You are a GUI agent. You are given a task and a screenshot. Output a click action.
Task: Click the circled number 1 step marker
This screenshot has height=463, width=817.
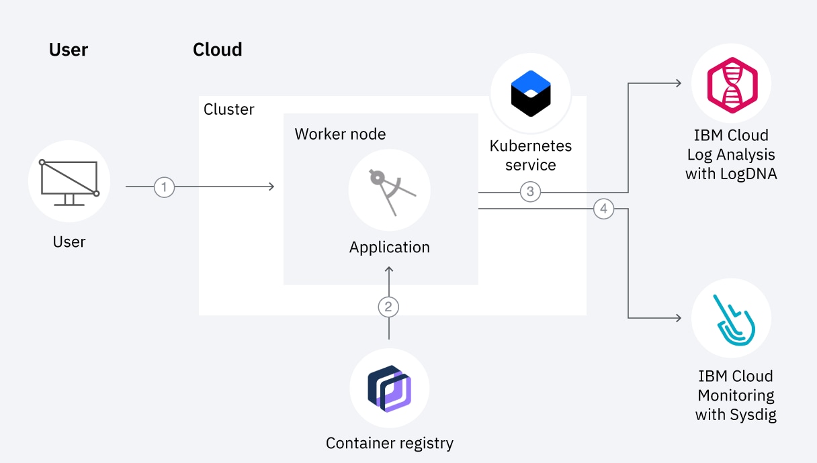click(164, 187)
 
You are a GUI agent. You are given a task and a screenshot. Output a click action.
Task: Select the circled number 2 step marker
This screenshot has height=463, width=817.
click(388, 307)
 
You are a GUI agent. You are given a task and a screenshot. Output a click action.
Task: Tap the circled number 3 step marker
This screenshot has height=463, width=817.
click(530, 192)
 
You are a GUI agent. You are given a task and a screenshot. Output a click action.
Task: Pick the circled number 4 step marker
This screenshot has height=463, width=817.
click(603, 209)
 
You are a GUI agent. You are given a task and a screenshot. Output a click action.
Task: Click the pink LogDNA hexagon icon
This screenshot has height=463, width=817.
click(732, 85)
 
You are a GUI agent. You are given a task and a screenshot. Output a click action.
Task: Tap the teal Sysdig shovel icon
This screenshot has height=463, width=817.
click(732, 318)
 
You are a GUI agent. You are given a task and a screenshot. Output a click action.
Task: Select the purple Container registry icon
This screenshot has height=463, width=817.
click(390, 389)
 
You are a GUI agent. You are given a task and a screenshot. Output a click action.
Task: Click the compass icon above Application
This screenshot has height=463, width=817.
click(390, 191)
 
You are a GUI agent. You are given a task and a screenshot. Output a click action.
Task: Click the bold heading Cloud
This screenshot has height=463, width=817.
click(217, 50)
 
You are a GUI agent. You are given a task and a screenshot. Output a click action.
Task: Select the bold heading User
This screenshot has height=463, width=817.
click(69, 50)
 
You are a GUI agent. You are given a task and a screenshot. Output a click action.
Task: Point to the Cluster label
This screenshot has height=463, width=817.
click(229, 109)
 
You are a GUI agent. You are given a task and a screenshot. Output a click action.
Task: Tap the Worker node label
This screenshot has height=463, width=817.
click(340, 134)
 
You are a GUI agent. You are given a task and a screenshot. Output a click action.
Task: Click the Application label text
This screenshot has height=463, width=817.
click(390, 247)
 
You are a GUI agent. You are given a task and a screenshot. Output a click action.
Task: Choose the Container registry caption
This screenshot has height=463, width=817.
click(390, 443)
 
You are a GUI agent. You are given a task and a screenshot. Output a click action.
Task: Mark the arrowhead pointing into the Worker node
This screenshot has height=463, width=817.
click(271, 187)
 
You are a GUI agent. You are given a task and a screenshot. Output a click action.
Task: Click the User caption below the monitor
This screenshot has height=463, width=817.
click(69, 242)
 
